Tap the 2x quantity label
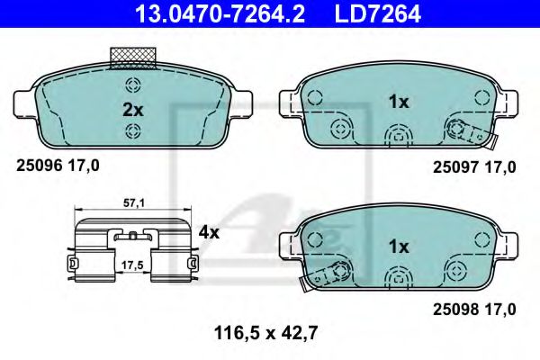(132, 109)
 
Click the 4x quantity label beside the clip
(209, 231)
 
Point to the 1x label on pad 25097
(398, 103)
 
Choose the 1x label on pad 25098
(398, 246)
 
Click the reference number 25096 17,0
(58, 166)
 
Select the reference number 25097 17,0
(474, 166)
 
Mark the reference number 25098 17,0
(474, 309)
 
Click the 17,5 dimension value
(132, 266)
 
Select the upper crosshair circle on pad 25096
(133, 86)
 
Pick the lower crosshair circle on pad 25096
(133, 132)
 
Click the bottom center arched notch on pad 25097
(397, 137)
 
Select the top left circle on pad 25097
(315, 99)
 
